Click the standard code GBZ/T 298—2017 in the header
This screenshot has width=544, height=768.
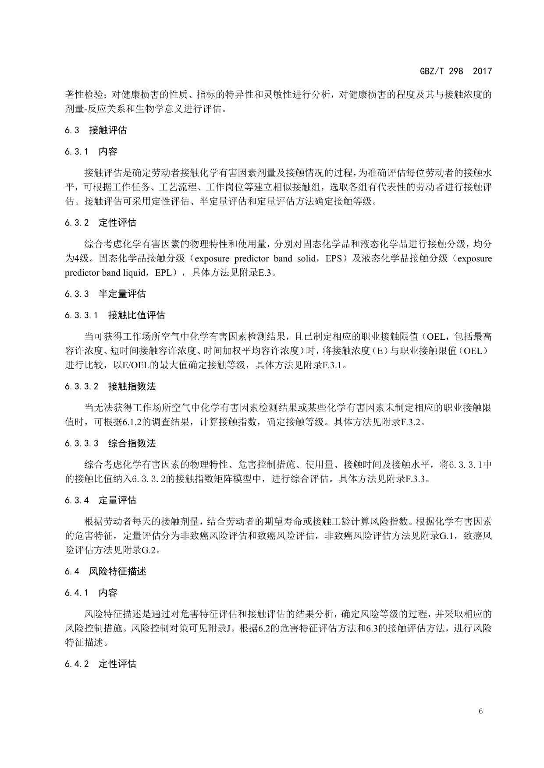coord(456,71)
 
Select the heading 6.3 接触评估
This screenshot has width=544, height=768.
coord(96,130)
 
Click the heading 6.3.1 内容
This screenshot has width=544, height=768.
coord(91,152)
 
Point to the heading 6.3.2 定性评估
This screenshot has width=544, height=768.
coord(100,223)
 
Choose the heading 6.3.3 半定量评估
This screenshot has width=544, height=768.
coord(105,294)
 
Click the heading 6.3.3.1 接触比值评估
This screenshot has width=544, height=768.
coord(115,315)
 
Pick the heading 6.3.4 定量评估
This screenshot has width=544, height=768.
coord(100,500)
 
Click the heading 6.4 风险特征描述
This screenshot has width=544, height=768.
coord(105,571)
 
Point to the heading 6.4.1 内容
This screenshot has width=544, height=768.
coord(91,593)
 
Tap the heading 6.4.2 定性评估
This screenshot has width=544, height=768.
coord(100,664)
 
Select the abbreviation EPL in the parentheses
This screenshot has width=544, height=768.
coord(163,273)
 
